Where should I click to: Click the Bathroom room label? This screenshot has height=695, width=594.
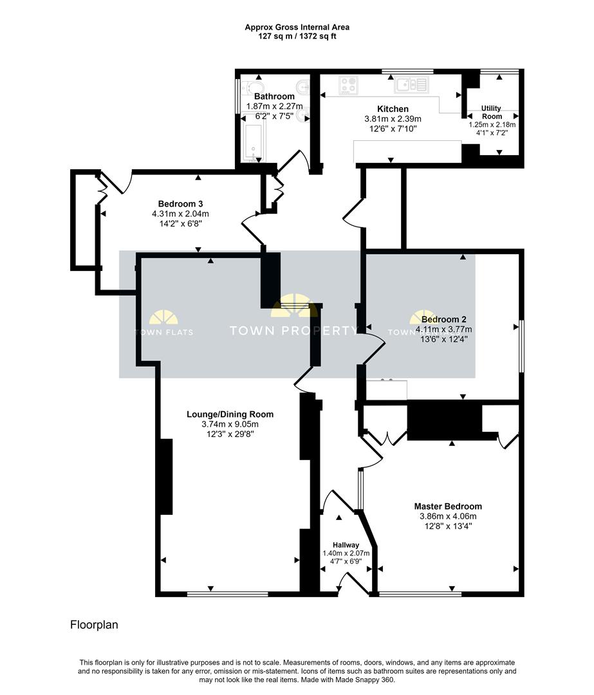point(274,97)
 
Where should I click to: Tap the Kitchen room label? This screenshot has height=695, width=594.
point(393,109)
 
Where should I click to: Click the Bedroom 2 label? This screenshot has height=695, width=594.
point(443,319)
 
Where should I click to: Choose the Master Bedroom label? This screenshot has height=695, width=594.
point(448,506)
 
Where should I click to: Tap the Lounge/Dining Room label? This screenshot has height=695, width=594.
point(230,414)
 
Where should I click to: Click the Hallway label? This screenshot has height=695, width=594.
point(346,545)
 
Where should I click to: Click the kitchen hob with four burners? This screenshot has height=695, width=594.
point(349,85)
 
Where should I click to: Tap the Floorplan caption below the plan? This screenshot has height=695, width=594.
point(94,624)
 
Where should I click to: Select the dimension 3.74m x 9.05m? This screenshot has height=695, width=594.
point(230,424)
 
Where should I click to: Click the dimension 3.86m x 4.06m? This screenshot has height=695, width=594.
point(448,516)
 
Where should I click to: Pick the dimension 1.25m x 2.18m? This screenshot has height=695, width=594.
point(492,125)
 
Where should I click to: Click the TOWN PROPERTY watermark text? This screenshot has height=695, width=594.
point(294,331)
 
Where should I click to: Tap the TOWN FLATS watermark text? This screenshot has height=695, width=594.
point(163,333)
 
